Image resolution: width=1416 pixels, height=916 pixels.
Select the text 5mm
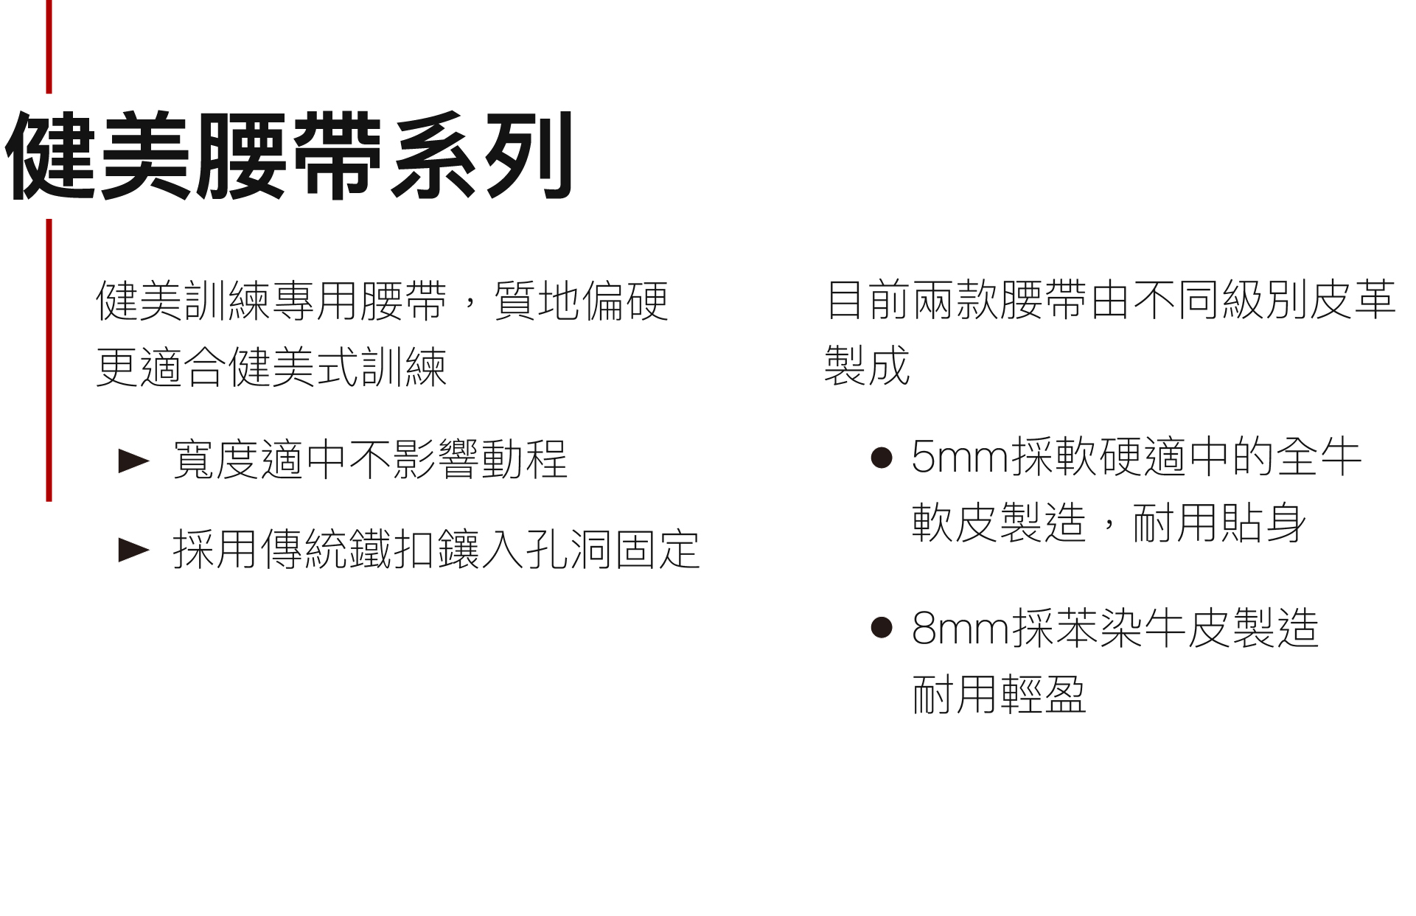pyautogui.click(x=960, y=458)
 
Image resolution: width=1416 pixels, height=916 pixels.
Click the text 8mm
pyautogui.click(x=960, y=629)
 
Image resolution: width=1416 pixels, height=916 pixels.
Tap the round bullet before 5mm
pyautogui.click(x=882, y=458)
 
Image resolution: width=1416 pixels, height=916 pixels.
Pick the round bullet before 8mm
pyautogui.click(x=882, y=627)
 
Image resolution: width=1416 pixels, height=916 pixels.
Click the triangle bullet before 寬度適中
pyautogui.click(x=133, y=461)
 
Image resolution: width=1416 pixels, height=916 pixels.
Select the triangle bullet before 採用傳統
pyautogui.click(x=133, y=550)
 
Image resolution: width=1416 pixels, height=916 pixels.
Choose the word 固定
pyautogui.click(x=657, y=550)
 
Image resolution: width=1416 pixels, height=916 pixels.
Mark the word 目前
pyautogui.click(x=868, y=300)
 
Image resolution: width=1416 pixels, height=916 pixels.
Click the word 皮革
pyautogui.click(x=1352, y=300)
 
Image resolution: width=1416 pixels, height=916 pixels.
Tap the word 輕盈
pyautogui.click(x=1043, y=695)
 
